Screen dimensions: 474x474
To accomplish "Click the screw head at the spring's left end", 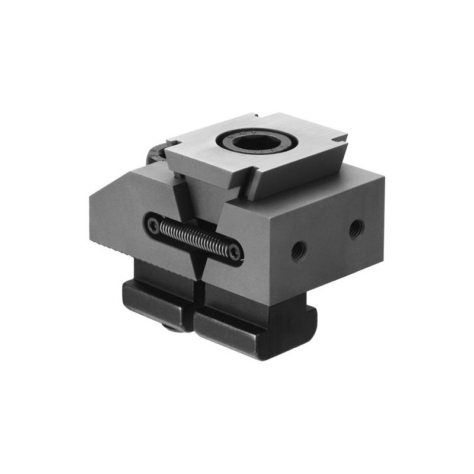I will tap(153, 225).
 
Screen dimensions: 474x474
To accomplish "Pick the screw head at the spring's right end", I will tap(235, 252).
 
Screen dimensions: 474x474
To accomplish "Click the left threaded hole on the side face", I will tap(299, 251).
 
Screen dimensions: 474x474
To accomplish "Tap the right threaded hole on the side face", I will tap(356, 228).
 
